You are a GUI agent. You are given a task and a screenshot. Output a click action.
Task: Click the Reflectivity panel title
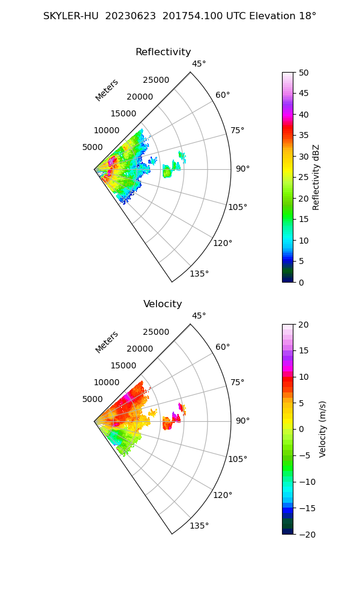[x=163, y=52]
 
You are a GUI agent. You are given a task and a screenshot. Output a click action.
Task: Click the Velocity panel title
[x=163, y=304]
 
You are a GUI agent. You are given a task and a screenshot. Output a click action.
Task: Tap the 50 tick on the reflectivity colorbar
[x=304, y=73]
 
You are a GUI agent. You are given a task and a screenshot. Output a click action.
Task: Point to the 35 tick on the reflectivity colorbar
[x=304, y=136]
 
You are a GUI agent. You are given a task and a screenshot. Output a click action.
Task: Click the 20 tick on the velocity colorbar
[x=304, y=325]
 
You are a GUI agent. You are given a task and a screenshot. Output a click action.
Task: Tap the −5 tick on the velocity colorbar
[x=305, y=455]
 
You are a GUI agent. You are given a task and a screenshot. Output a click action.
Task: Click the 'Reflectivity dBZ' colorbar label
[x=316, y=177]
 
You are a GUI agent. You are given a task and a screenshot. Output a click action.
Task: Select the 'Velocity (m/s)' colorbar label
[x=323, y=429]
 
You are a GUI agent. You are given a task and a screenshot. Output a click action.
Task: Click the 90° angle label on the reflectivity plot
[x=242, y=169]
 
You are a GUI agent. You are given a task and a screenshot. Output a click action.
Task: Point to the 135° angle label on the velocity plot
[x=199, y=526]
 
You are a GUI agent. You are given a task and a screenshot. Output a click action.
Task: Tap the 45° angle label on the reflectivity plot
[x=199, y=64]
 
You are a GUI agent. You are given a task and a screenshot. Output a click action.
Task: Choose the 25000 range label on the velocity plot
[x=156, y=332]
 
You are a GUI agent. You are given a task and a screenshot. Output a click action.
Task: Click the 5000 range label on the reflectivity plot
[x=93, y=147]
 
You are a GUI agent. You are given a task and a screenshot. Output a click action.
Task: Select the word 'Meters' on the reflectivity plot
[x=107, y=90]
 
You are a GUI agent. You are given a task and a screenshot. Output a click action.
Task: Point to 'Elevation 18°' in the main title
[x=286, y=16]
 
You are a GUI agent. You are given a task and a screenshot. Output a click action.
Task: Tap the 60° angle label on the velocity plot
[x=223, y=347]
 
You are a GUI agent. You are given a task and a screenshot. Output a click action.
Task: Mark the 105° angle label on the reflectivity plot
[x=238, y=207]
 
